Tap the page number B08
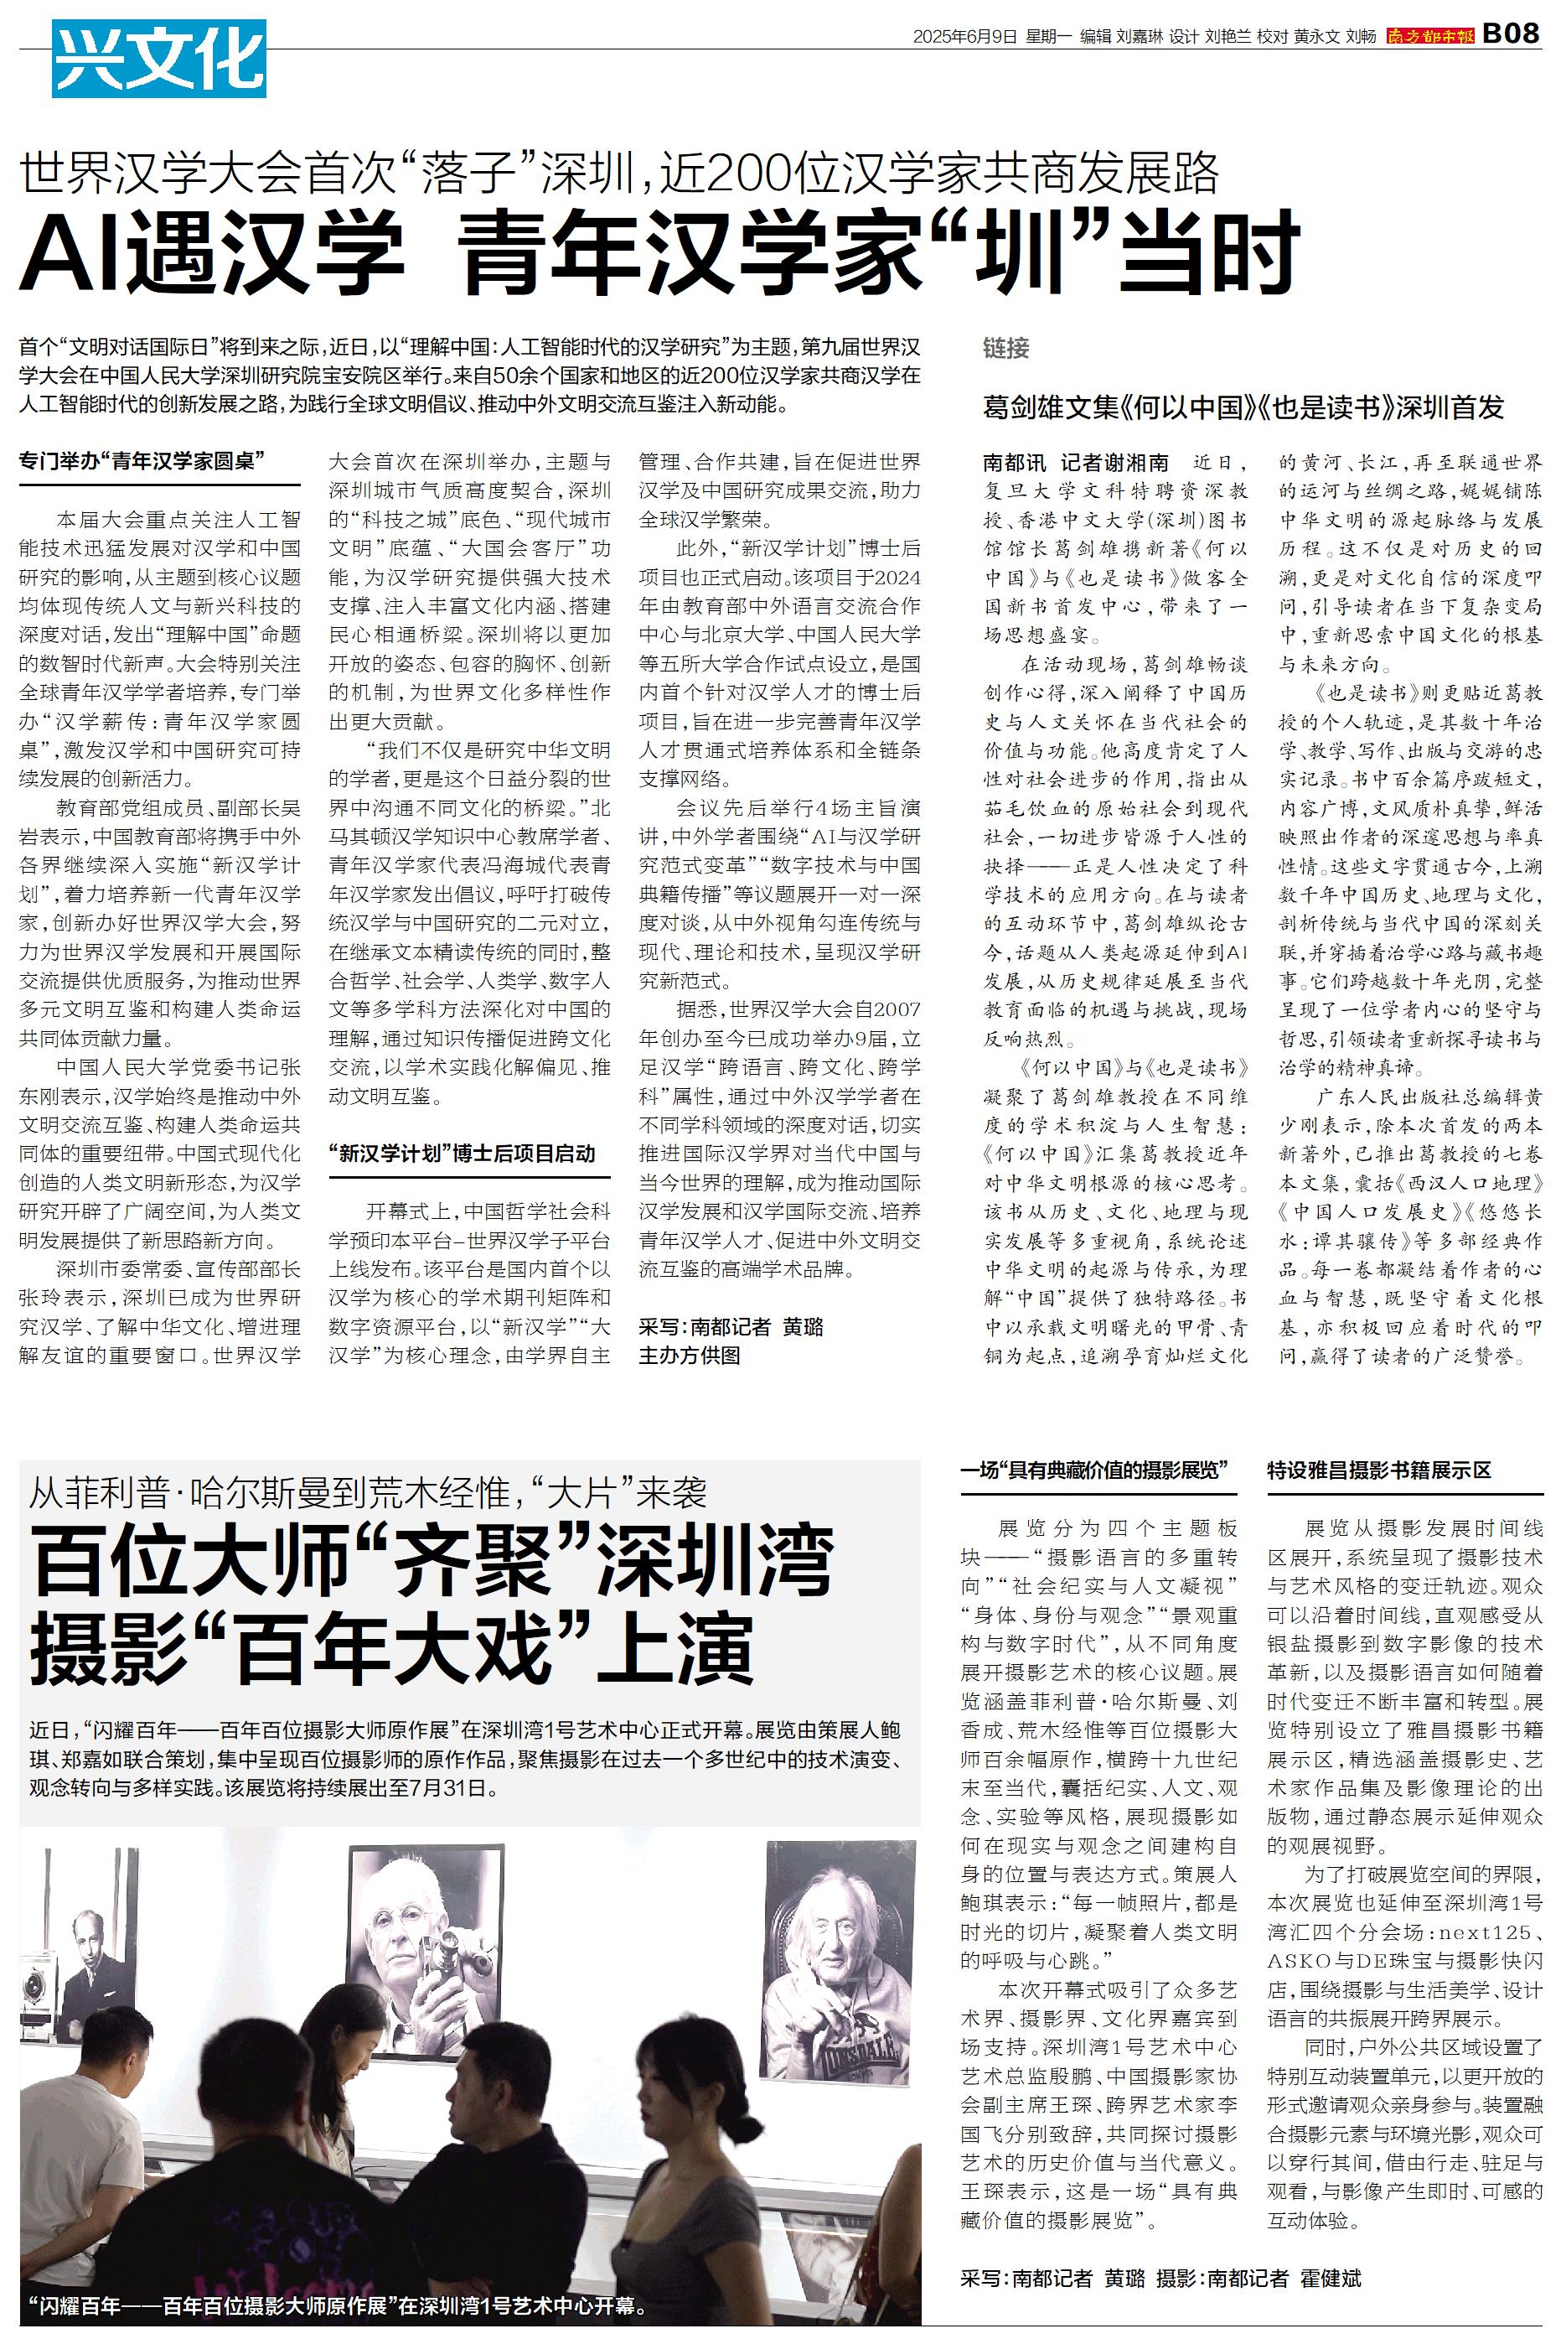coord(1512,34)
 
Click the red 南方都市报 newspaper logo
coord(1430,36)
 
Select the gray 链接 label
coord(1005,348)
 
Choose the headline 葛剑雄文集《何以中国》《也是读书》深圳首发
coord(1243,407)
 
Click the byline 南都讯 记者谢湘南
coord(1076,463)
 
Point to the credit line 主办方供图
coord(689,1356)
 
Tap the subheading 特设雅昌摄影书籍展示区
coord(1379,1470)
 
